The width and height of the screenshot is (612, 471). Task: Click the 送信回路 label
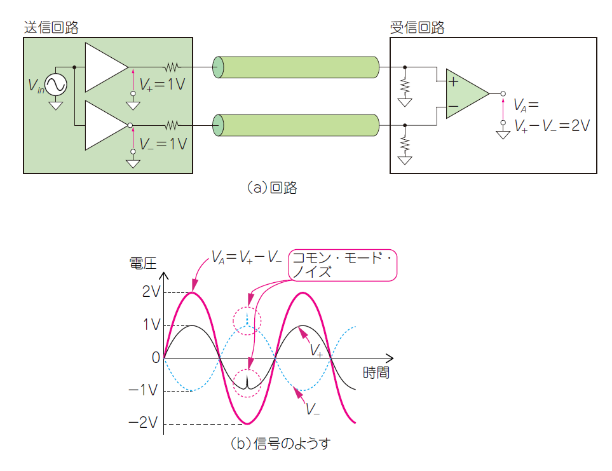51,27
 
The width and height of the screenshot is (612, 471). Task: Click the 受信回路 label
417,27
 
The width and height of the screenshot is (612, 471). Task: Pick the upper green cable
296,67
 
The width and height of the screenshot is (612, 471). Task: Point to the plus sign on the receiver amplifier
453,82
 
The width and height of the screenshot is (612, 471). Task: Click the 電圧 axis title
142,264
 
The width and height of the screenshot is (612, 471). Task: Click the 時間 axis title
376,372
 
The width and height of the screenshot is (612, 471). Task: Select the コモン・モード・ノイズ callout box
343,265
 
